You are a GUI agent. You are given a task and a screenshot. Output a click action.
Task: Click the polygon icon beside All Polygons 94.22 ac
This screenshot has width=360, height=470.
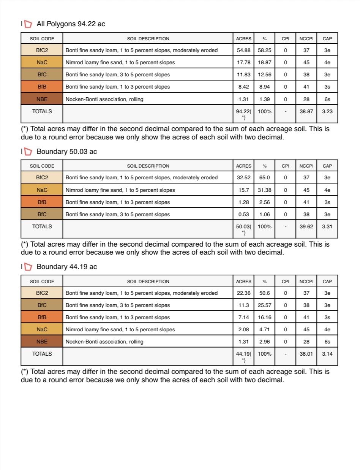[28, 24]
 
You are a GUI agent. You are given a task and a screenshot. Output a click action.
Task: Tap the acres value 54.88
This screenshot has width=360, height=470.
[243, 50]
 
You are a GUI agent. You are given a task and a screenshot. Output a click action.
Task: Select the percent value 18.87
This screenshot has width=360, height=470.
[264, 62]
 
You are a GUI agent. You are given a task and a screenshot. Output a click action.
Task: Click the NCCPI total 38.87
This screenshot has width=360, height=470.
[306, 111]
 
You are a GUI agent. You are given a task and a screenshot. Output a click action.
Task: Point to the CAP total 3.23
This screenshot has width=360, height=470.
[327, 111]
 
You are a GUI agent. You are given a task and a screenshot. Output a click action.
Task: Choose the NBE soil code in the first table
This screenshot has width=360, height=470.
[42, 99]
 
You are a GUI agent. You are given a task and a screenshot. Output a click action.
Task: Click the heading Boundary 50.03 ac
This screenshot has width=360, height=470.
[66, 152]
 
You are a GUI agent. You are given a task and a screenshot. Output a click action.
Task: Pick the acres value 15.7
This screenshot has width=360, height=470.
[243, 190]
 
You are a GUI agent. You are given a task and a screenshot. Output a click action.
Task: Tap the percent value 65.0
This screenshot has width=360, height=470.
[264, 177]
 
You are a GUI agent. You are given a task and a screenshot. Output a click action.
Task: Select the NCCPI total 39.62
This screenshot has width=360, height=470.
[306, 226]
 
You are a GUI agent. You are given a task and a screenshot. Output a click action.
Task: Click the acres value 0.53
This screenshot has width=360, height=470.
[243, 214]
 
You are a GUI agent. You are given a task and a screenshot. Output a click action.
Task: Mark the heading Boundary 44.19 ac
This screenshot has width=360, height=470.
[66, 267]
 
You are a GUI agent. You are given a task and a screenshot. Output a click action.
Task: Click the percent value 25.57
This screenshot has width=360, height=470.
[264, 305]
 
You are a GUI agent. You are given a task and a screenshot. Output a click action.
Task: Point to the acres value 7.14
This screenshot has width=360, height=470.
[243, 317]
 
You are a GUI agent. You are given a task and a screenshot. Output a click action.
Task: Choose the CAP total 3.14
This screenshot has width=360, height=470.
[327, 354]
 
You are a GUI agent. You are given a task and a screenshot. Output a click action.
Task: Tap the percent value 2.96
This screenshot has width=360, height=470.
[264, 342]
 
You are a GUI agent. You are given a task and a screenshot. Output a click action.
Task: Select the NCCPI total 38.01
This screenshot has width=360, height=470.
[306, 354]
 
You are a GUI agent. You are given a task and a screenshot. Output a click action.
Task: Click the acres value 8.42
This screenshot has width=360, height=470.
[243, 87]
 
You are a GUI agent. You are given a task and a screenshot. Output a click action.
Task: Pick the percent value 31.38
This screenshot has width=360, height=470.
[264, 190]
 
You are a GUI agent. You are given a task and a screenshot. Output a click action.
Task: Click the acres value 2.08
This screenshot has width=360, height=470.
[243, 329]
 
